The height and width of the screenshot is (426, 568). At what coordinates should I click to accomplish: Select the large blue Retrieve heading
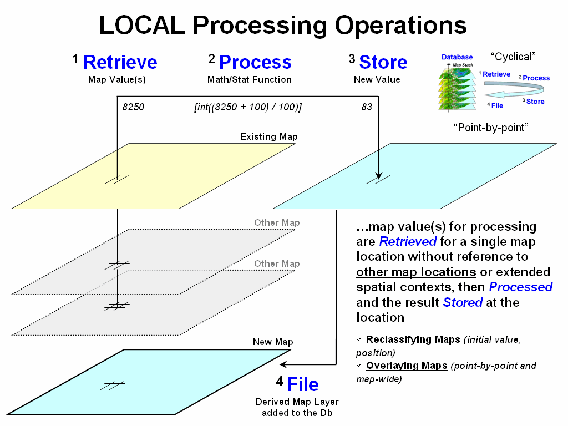point(120,62)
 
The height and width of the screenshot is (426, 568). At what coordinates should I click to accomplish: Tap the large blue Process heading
point(255,62)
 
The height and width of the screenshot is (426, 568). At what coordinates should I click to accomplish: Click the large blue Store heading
point(383,62)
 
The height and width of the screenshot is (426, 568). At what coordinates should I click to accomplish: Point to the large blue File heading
point(303,384)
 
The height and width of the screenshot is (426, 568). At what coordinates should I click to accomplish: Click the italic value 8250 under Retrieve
point(133,107)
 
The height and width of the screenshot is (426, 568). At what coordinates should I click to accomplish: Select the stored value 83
point(367,107)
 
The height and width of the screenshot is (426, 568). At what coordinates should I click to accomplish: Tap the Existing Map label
point(268,136)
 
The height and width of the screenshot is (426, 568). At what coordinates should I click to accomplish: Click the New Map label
point(273,342)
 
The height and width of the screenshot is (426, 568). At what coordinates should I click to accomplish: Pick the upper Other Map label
point(277,222)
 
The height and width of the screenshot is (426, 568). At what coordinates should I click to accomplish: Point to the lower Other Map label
point(277,263)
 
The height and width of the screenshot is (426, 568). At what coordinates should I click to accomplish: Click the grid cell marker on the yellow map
point(118,178)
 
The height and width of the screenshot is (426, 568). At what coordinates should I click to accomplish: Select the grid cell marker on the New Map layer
point(113,386)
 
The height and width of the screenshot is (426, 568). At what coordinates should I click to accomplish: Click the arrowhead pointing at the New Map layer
point(283,364)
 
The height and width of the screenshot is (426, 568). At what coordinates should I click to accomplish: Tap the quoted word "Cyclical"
point(513,57)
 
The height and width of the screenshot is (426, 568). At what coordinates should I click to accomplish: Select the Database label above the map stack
point(457,57)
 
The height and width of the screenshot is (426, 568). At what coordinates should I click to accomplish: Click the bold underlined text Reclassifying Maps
point(413,339)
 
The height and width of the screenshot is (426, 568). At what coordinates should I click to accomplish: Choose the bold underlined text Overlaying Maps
point(407,366)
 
